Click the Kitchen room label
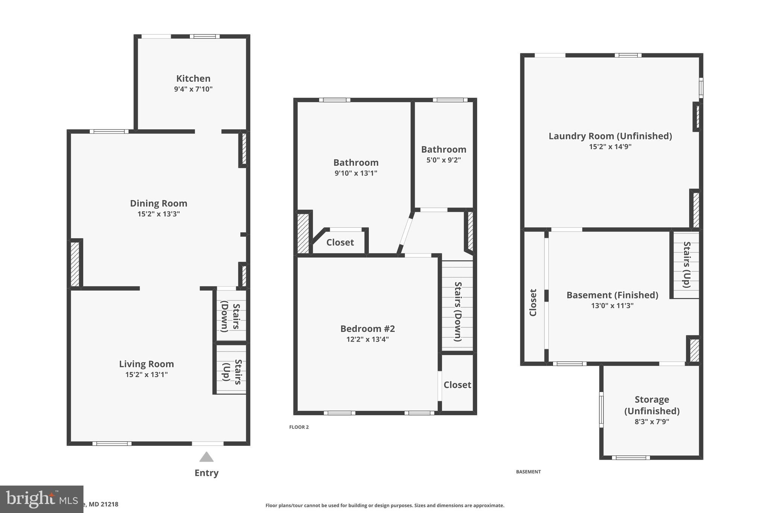(193, 79)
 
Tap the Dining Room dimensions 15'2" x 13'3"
(159, 214)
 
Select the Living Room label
(146, 364)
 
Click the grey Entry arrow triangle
(206, 457)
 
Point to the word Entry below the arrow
(206, 473)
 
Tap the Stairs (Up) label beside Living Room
(232, 372)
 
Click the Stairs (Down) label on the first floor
(230, 316)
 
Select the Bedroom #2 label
(367, 328)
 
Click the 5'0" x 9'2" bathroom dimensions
(444, 160)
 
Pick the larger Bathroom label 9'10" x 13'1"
(356, 163)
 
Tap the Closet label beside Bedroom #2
(457, 384)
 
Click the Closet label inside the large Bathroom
(340, 242)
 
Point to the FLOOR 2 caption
(299, 427)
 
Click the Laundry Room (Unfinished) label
(610, 136)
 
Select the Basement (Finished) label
(612, 295)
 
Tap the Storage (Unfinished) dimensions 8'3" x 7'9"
(652, 422)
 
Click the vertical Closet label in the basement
(533, 302)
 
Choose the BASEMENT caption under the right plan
(528, 472)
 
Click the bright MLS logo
(41, 499)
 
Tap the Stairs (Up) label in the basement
(687, 265)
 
